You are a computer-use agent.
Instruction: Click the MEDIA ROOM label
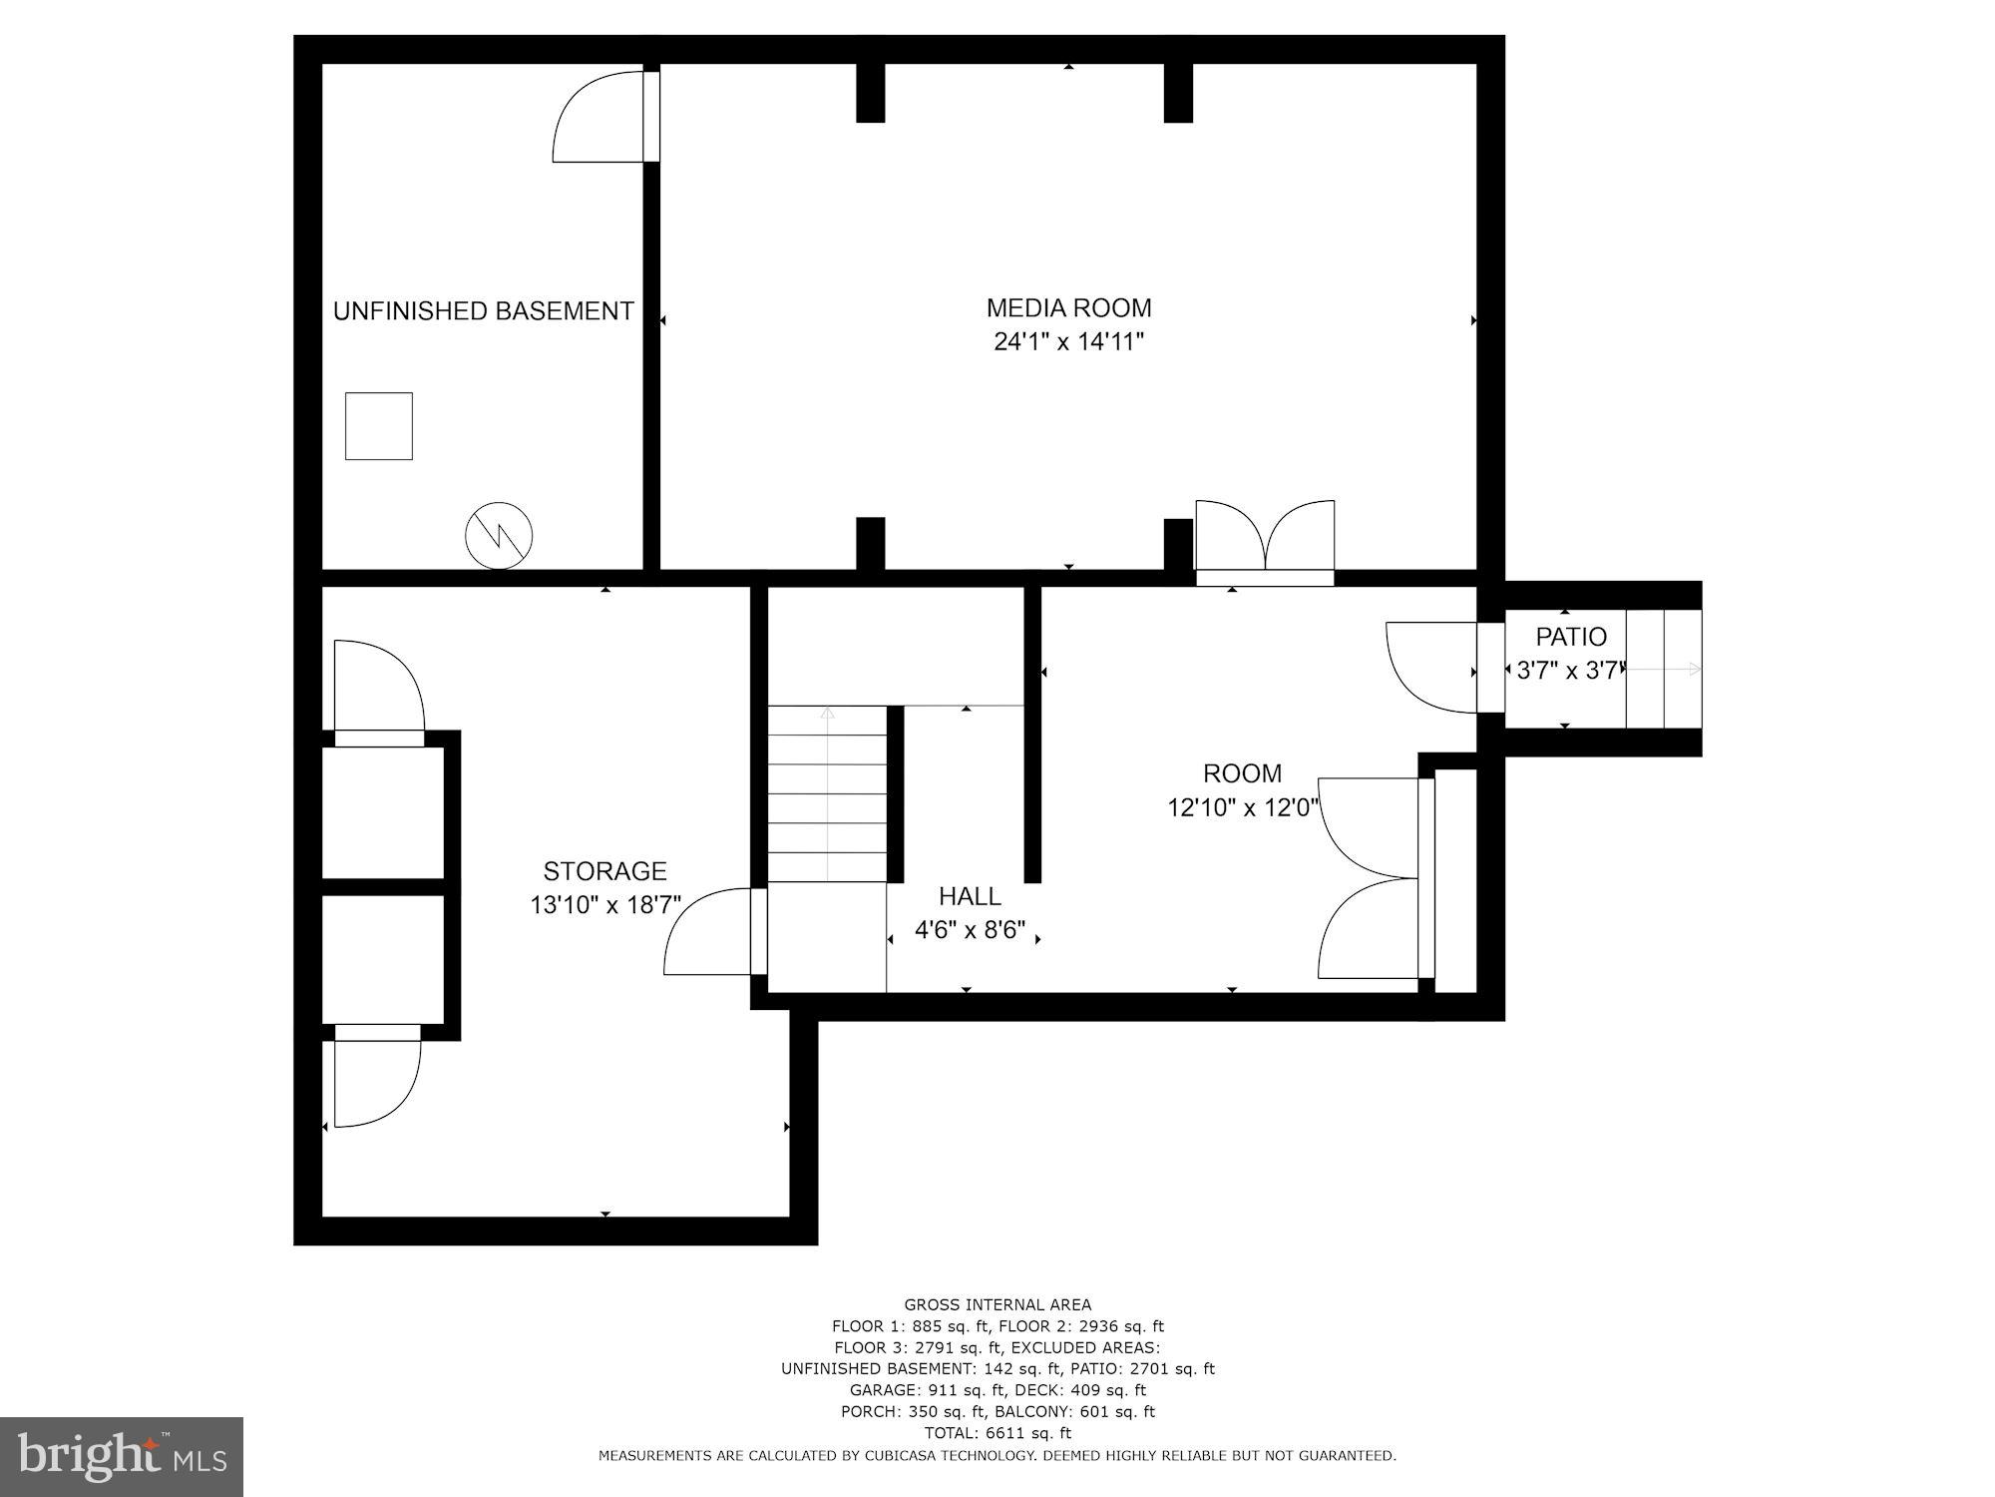click(x=1068, y=307)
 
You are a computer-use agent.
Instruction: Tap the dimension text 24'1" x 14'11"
click(x=1068, y=342)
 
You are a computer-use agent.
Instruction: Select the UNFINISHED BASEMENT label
click(x=483, y=311)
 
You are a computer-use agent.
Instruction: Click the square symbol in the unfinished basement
click(x=379, y=426)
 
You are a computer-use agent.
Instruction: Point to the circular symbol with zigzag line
click(x=499, y=536)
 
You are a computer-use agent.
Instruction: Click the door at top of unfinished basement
click(x=603, y=118)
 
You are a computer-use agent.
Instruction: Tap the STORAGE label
click(x=604, y=871)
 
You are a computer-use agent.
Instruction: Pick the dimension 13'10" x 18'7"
click(x=604, y=905)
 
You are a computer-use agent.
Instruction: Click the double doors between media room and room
click(x=1265, y=544)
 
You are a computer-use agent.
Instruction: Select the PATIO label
click(x=1571, y=637)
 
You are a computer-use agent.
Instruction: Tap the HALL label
click(x=970, y=896)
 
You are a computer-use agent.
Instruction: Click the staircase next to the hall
click(x=827, y=793)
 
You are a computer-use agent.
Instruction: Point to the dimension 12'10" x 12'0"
click(x=1243, y=807)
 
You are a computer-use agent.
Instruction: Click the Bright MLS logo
click(x=121, y=1456)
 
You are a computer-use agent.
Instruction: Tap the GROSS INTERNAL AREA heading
click(x=997, y=1304)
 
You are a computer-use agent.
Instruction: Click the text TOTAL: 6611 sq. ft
click(x=997, y=1433)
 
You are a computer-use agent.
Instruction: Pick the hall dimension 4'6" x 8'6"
click(x=970, y=930)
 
